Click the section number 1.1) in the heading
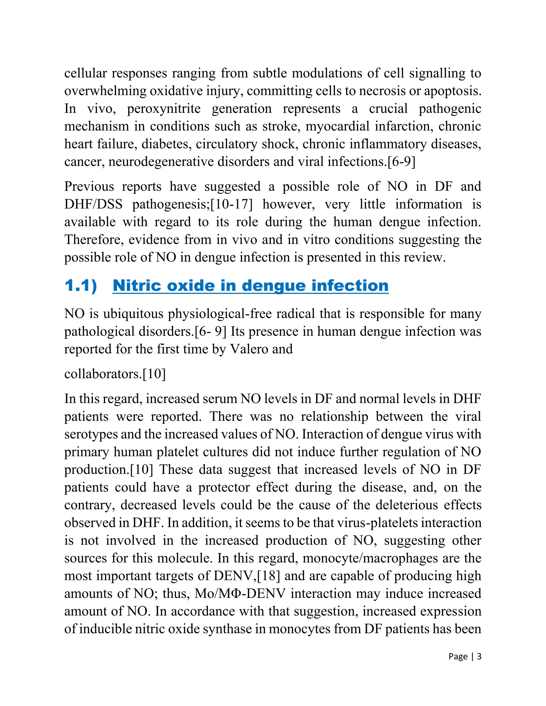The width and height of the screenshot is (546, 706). [81, 286]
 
